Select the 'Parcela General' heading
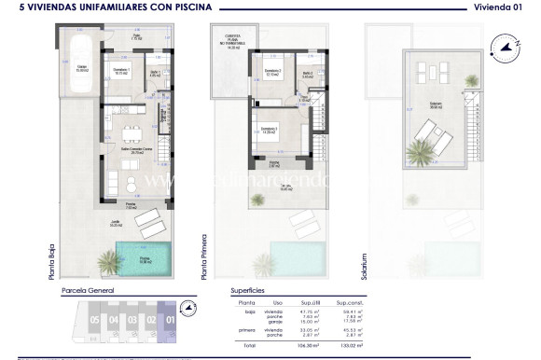88,291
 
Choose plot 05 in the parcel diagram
94,320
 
